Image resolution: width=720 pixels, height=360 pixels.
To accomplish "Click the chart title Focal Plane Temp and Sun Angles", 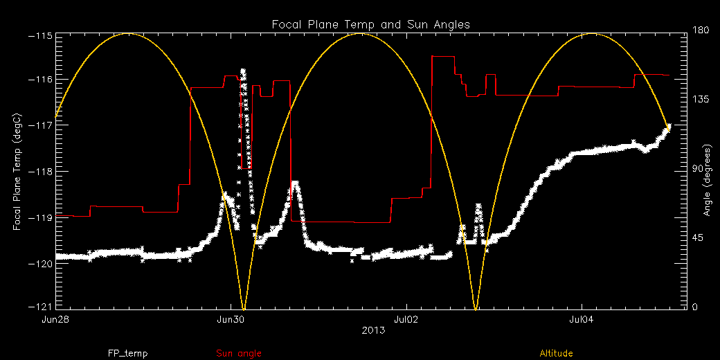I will (x=370, y=24).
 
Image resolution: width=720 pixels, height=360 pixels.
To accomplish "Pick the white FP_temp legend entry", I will (x=127, y=353).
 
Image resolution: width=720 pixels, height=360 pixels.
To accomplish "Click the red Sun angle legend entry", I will (x=239, y=353).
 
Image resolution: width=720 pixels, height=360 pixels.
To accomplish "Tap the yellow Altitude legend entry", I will (x=556, y=353).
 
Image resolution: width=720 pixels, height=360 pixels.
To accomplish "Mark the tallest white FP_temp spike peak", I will (x=243, y=71).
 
